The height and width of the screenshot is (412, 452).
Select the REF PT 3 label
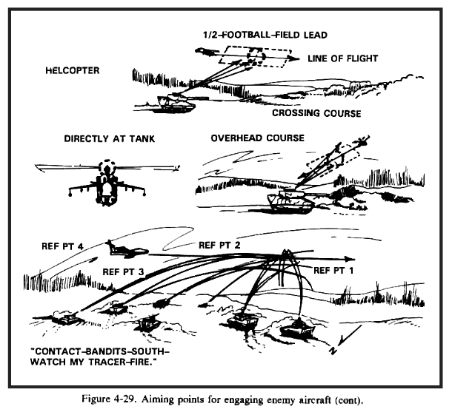(124, 271)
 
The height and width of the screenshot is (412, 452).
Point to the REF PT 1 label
(336, 271)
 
